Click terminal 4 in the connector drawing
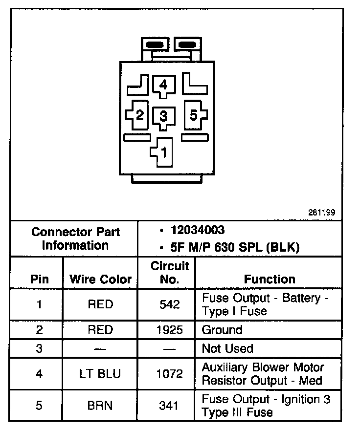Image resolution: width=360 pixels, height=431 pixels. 163,85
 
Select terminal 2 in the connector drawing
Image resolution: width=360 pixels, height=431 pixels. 139,115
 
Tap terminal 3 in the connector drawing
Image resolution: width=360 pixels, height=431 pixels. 163,116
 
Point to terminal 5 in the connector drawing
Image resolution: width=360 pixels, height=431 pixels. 194,115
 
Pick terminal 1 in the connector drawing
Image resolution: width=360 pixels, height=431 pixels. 163,151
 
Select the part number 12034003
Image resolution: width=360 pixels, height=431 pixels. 198,230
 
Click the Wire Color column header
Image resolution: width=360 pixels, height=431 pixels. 101,280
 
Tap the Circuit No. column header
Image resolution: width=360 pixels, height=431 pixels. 170,273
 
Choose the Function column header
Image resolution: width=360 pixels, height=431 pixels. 270,280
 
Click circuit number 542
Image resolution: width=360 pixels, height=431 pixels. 170,304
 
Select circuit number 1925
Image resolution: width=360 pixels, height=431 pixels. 170,330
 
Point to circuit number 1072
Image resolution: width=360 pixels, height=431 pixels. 170,374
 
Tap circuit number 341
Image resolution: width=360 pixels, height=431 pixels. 170,406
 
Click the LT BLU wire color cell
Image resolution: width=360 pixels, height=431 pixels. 100,374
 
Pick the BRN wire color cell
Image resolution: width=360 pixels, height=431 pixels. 100,406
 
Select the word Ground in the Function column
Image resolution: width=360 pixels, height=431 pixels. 222,330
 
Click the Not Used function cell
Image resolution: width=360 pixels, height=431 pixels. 227,349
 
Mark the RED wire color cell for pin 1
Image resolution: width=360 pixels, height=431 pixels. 100,304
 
